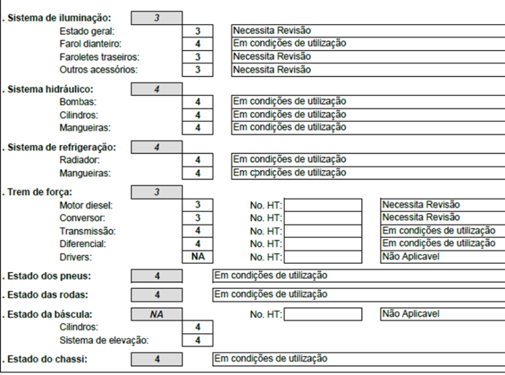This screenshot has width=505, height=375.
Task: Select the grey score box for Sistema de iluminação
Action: [157, 18]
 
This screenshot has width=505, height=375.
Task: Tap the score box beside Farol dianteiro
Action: [198, 44]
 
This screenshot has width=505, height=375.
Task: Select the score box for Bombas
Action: [198, 102]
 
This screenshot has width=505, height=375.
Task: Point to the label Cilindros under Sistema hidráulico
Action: [78, 115]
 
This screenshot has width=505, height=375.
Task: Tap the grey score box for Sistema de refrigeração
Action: [157, 147]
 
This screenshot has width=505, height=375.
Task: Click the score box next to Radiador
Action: [198, 160]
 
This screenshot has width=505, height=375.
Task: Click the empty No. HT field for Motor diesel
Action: [323, 205]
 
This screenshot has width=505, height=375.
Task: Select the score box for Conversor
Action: [198, 218]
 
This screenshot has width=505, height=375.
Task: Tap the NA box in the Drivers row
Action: [198, 257]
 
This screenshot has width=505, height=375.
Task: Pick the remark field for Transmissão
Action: [443, 231]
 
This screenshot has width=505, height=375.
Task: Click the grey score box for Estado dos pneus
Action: [157, 276]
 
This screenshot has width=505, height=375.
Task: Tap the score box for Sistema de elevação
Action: [198, 340]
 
